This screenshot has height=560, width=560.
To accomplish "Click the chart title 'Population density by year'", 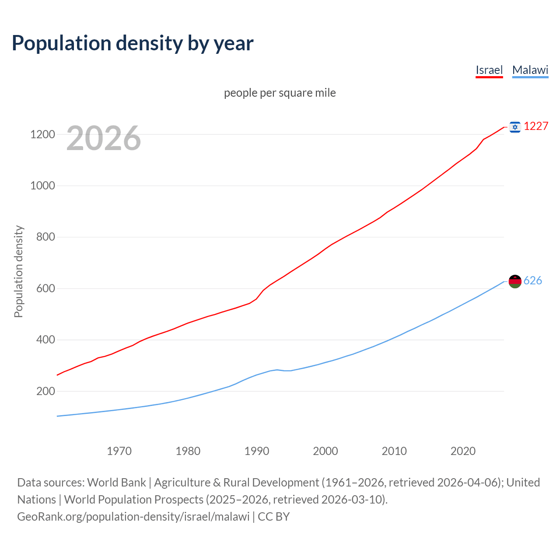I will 133,43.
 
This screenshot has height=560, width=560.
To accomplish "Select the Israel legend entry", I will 489,70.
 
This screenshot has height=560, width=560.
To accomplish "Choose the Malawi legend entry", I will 530,70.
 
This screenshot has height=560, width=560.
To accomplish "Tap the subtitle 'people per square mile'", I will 280,93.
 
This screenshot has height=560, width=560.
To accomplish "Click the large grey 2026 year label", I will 104,138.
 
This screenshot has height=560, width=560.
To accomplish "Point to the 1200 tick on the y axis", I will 42,134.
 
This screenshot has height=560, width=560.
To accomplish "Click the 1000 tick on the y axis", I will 42,185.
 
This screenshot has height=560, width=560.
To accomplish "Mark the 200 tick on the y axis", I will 45,391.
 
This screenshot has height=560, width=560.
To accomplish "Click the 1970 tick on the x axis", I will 119,451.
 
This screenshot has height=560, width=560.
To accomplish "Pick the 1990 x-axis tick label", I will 257,451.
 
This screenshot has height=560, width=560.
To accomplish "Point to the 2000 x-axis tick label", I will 325,451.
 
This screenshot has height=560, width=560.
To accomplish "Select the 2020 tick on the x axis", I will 463,451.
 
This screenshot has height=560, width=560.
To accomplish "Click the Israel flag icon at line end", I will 515,127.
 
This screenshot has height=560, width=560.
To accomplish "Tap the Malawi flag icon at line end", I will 515,281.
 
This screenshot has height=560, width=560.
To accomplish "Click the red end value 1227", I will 536,126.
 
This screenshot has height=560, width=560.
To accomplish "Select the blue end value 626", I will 532,281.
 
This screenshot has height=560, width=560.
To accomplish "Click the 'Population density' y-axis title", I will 18,271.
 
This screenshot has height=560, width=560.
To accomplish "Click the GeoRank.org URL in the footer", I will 133,517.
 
